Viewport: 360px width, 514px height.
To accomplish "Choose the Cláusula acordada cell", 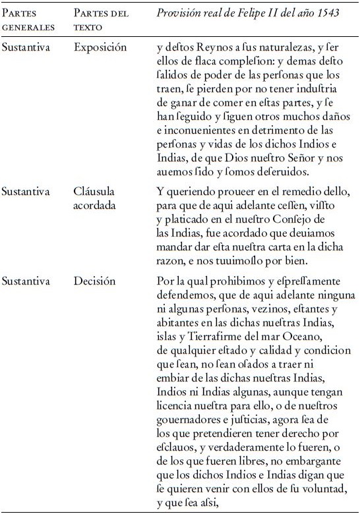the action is (96, 198).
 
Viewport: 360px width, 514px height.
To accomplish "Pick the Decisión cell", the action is (95, 281).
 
